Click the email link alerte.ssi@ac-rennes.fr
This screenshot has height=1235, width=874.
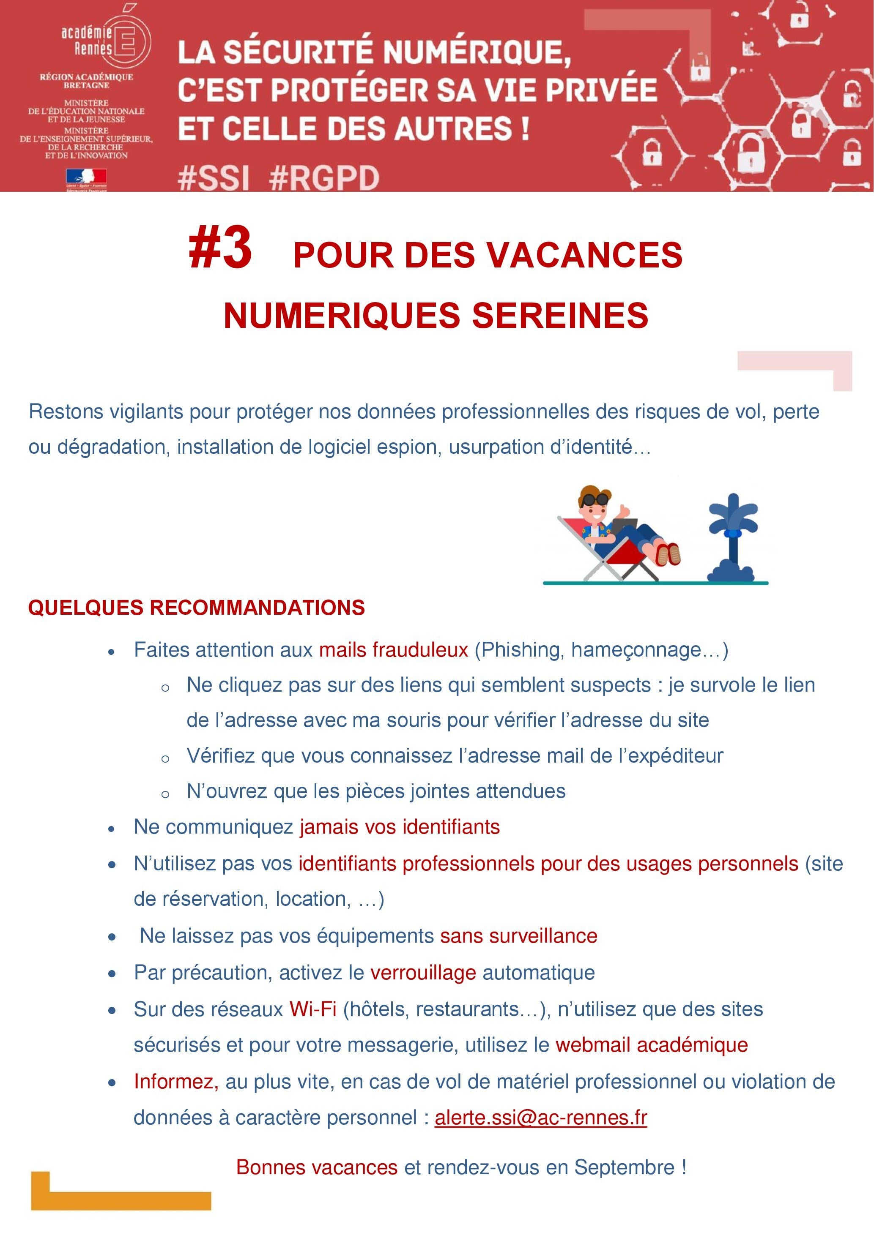(x=540, y=1117)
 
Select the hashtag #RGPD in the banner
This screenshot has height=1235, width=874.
(x=324, y=177)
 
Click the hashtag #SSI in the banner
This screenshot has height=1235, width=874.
(x=214, y=177)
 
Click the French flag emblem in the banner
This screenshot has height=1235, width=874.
(x=86, y=177)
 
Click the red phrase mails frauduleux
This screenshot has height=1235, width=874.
(x=393, y=650)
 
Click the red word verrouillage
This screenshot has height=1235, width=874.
(x=423, y=973)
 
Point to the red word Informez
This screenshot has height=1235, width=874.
(x=176, y=1081)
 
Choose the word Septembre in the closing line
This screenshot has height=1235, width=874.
(x=624, y=1167)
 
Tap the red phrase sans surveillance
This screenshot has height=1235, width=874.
(x=518, y=936)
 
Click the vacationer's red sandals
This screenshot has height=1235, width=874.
(x=668, y=553)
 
